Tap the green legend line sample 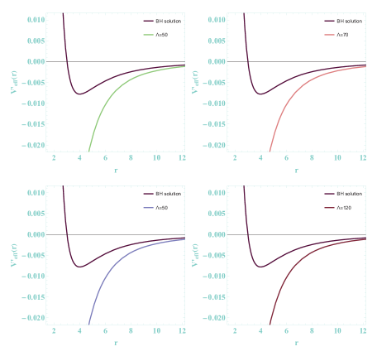coord(148,35)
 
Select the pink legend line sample coord(330,35)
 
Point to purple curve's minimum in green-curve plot coord(79,94)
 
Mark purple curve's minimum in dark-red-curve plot coord(261,267)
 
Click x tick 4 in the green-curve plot coord(79,157)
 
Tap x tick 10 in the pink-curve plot coord(337,157)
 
